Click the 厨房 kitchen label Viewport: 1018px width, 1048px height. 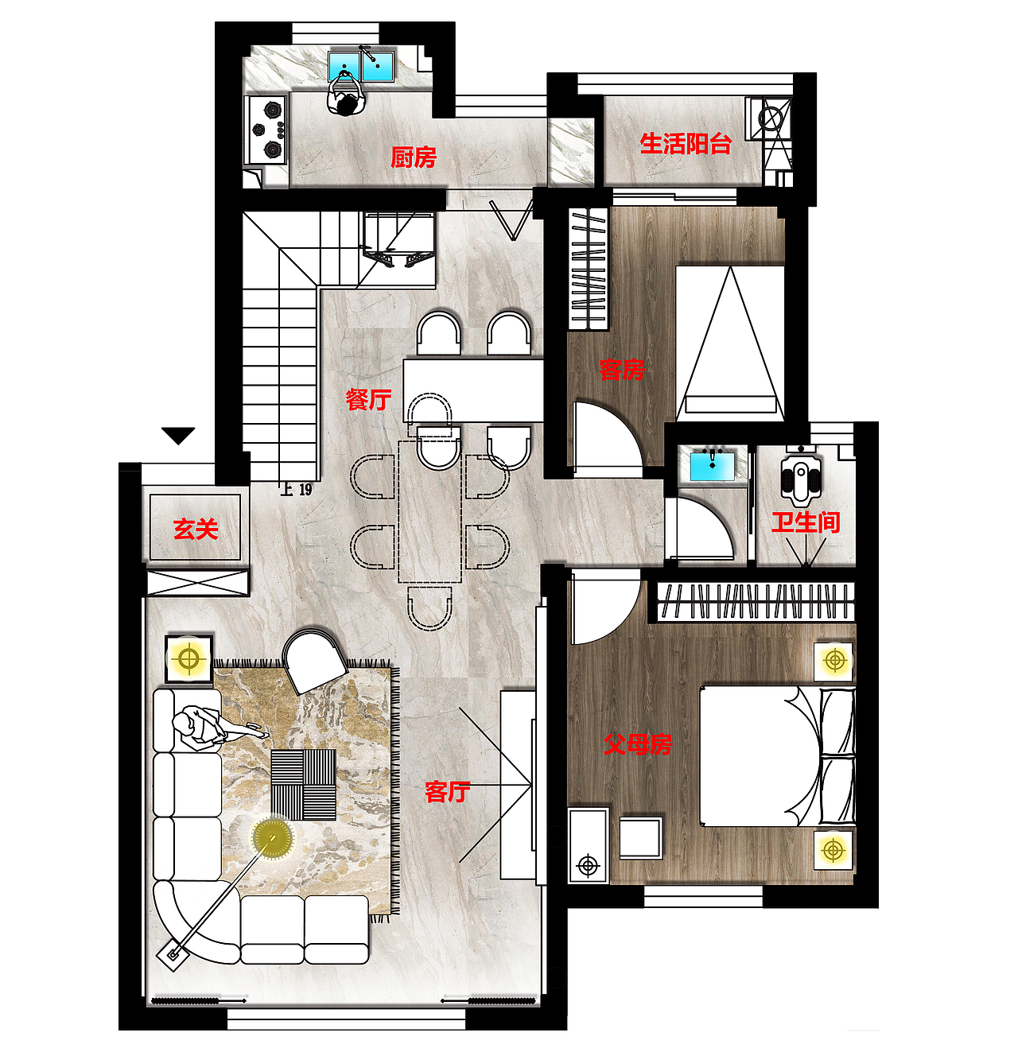[413, 157]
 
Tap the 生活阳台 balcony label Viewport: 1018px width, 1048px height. [686, 144]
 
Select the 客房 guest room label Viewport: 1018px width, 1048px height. [622, 370]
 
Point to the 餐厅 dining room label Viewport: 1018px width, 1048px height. [368, 400]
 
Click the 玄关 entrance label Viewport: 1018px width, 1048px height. [196, 530]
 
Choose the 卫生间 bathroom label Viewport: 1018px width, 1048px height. [805, 522]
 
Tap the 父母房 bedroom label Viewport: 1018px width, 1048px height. [638, 744]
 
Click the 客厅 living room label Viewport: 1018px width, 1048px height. [448, 792]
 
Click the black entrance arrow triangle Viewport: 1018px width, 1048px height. [178, 436]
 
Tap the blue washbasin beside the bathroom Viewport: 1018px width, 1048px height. [713, 466]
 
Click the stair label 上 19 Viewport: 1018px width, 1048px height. [296, 489]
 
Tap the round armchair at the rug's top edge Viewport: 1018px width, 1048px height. [313, 659]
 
